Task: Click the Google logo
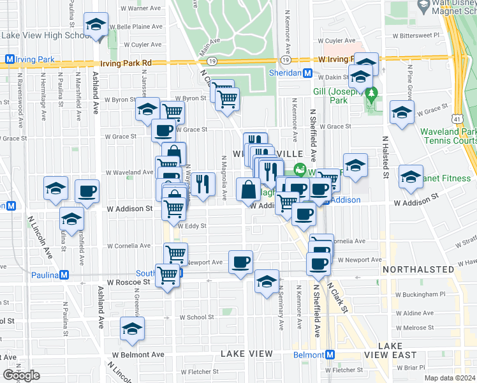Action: (x=21, y=375)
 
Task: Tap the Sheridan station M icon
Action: (x=307, y=73)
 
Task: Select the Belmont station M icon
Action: (x=330, y=355)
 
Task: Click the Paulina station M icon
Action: (x=62, y=275)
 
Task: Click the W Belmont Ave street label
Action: (x=138, y=355)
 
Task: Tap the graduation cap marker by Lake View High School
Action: (x=96, y=26)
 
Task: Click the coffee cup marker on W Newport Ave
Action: (x=240, y=261)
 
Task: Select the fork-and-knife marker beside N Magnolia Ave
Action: (x=203, y=183)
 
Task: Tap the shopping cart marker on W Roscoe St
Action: (x=167, y=276)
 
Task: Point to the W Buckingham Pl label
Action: (x=420, y=294)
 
